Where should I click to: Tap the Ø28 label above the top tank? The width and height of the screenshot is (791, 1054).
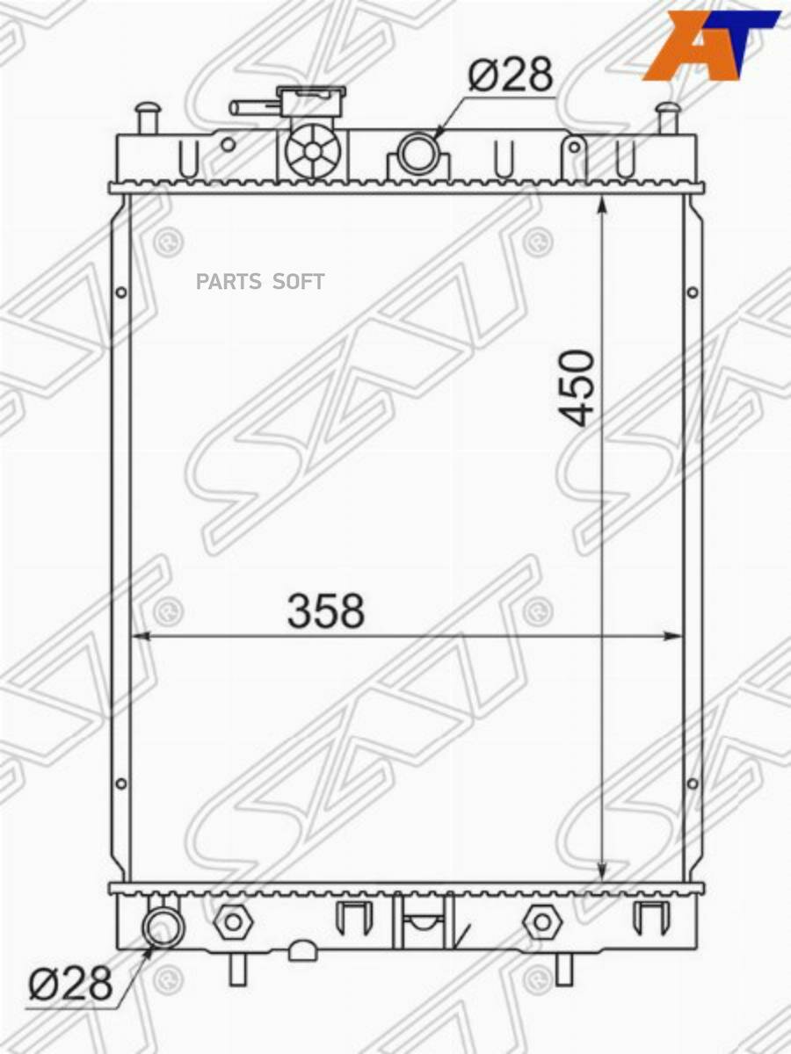510,76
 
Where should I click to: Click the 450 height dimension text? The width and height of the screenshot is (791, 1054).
576,387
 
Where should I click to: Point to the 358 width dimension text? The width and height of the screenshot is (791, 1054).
326,610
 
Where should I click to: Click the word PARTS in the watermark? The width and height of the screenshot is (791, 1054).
229,281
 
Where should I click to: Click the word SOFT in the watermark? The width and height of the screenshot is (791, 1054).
298,281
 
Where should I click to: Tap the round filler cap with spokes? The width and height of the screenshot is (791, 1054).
313,150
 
